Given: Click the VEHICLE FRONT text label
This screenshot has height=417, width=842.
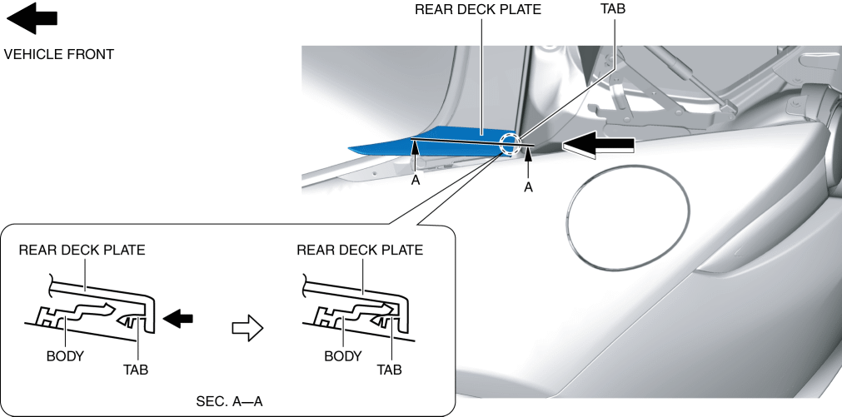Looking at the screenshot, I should pos(58,55).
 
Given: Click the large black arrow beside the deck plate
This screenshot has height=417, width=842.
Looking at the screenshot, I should pos(598,146).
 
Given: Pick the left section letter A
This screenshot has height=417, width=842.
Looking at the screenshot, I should pos(415,178).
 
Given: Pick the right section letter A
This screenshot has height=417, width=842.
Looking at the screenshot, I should pos(528,188).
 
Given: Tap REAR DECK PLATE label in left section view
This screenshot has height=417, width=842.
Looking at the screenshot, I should pos(82,250).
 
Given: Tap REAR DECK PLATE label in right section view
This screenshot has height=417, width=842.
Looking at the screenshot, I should pos(360,250).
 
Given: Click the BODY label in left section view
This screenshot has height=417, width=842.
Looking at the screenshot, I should pos(65,355).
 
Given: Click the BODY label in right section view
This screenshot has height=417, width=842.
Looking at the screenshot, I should pos(343,355).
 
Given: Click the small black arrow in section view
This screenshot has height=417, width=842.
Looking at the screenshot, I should pos(180,317).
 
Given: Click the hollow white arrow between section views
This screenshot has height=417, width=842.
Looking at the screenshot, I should pos(247,328).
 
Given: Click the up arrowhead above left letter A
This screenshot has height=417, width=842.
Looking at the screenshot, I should pos(415,147).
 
